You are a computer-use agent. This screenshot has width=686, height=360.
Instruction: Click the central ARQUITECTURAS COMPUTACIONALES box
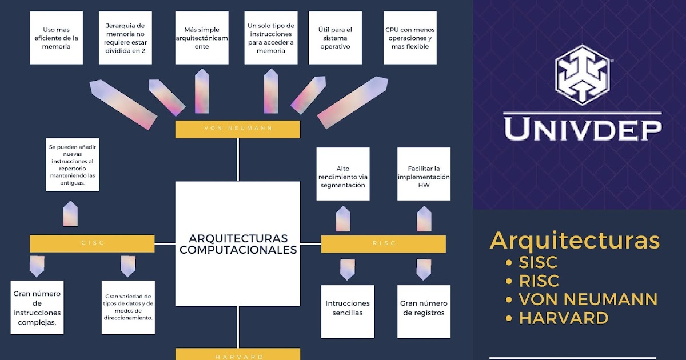tap(237, 243)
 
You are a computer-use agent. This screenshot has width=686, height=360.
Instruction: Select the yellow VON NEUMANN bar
tap(237, 129)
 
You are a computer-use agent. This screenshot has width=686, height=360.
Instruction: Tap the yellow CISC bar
tap(92, 243)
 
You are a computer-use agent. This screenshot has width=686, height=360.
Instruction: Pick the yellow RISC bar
tap(383, 243)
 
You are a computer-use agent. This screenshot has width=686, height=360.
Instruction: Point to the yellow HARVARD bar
tap(237, 355)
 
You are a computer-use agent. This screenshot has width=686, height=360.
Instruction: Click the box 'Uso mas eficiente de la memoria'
tap(56, 38)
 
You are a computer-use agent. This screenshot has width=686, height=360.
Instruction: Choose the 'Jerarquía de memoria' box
tap(125, 38)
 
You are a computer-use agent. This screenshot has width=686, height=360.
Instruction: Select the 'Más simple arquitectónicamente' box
tap(202, 38)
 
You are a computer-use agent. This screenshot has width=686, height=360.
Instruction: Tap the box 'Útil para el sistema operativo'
tap(335, 38)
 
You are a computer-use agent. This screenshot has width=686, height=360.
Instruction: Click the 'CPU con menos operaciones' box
tap(410, 38)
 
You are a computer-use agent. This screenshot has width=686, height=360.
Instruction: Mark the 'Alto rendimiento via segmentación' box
tap(343, 174)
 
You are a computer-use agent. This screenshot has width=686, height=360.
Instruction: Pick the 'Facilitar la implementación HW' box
tap(424, 174)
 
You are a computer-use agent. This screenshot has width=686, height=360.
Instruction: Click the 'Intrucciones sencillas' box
tap(348, 311)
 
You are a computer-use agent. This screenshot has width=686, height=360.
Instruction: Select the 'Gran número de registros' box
tap(424, 311)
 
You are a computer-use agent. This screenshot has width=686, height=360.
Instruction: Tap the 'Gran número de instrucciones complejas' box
tap(37, 307)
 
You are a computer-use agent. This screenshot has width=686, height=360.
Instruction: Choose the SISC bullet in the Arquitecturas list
tap(537, 263)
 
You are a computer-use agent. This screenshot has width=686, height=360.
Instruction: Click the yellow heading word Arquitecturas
tap(575, 240)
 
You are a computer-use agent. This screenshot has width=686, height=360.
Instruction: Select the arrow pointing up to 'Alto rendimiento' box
tap(343, 219)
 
